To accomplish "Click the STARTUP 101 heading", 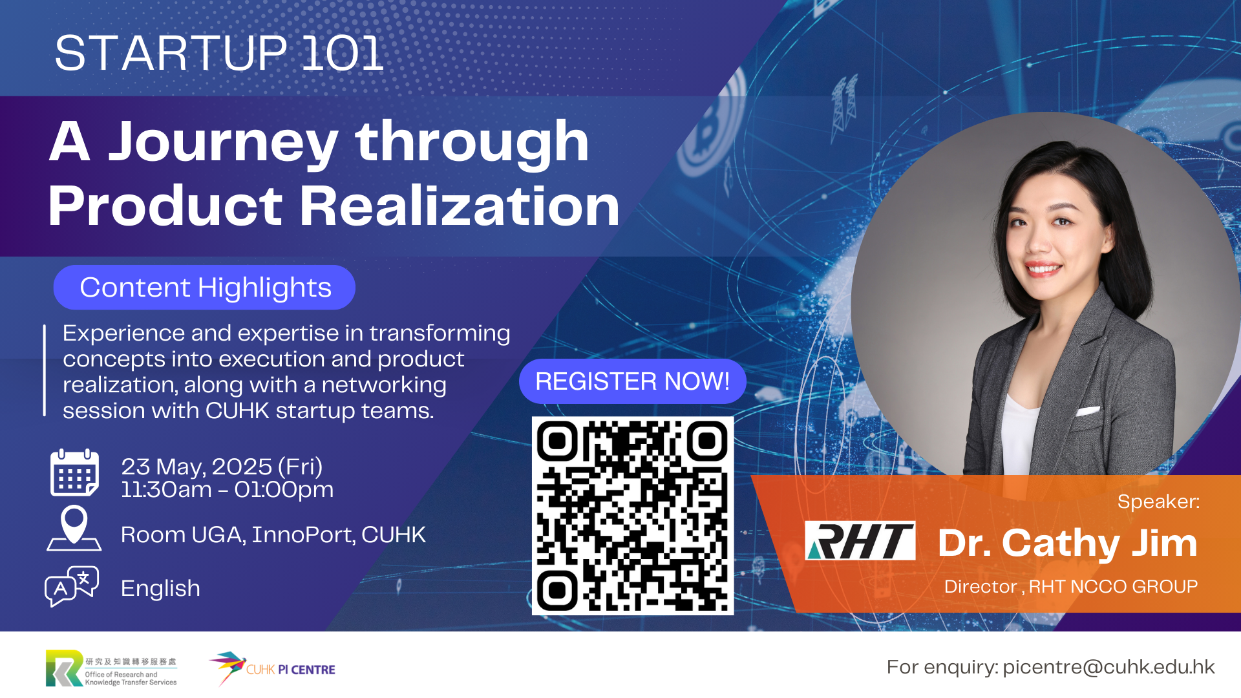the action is tap(219, 53).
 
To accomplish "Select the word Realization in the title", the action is tap(460, 206).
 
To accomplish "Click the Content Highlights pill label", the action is tap(205, 287).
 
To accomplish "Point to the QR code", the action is tap(633, 516).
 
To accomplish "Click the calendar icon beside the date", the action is tap(75, 473).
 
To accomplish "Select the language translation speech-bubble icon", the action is tap(72, 586).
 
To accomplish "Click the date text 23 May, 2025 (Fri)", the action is tap(222, 467).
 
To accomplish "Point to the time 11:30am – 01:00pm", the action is tap(228, 490).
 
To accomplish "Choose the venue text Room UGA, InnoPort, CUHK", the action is tap(273, 535).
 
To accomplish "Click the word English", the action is tap(160, 589).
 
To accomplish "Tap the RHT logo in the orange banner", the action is tap(860, 540).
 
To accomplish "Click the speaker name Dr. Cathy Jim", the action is tap(1068, 543).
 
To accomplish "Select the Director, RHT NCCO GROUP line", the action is tap(1071, 586).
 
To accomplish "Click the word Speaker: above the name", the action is tap(1158, 502).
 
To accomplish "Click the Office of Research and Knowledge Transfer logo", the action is tap(111, 668).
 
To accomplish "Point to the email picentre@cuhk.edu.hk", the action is tap(1108, 667).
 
